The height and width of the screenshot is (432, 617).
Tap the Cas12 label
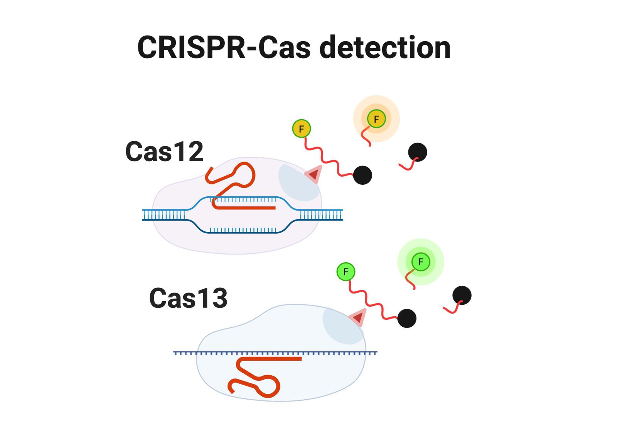[x=164, y=152]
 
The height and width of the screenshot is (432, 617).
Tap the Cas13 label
[x=188, y=298]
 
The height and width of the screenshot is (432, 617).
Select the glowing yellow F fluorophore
[x=376, y=119]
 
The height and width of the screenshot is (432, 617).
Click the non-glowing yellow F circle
[x=302, y=128]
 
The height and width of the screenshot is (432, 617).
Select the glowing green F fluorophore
[x=421, y=262]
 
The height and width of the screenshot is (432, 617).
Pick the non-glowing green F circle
[x=346, y=272]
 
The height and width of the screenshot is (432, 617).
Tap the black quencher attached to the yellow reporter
[x=362, y=175]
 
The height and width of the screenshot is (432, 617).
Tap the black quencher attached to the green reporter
[x=407, y=318]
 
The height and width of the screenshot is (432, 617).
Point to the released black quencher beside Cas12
[x=418, y=152]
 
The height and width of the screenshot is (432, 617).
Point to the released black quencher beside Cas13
[x=462, y=295]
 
